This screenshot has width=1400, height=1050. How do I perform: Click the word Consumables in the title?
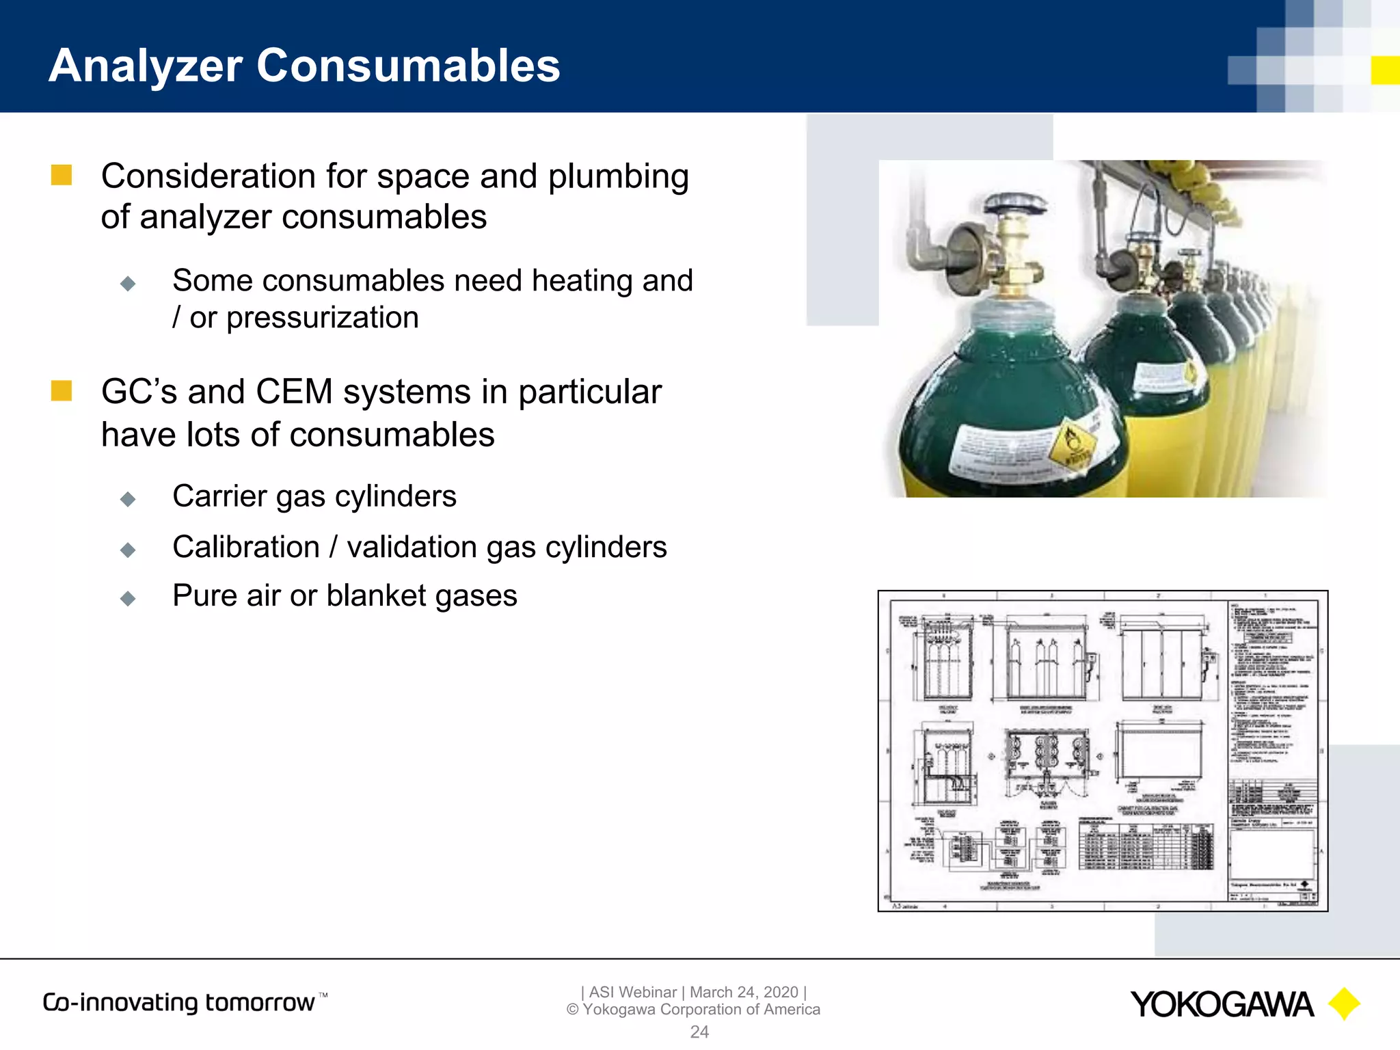(x=408, y=66)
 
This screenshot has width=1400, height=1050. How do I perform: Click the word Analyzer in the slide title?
(x=146, y=66)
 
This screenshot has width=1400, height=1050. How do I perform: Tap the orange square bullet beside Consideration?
(x=62, y=175)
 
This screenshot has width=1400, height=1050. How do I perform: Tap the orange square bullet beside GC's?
(x=62, y=391)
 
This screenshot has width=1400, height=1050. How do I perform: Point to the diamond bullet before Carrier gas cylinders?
(x=128, y=499)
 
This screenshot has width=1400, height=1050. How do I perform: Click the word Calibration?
(x=246, y=547)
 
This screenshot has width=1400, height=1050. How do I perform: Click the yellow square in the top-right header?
(x=1385, y=70)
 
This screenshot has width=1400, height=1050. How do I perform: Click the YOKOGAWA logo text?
(x=1222, y=1005)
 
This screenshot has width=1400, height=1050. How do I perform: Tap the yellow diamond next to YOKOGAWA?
(x=1344, y=1004)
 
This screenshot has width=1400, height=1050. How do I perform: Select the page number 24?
(x=699, y=1032)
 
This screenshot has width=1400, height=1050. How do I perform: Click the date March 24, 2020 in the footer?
(x=744, y=992)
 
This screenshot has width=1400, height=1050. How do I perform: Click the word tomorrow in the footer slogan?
(x=260, y=1003)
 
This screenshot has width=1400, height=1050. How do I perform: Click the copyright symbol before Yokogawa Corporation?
(x=573, y=1010)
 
